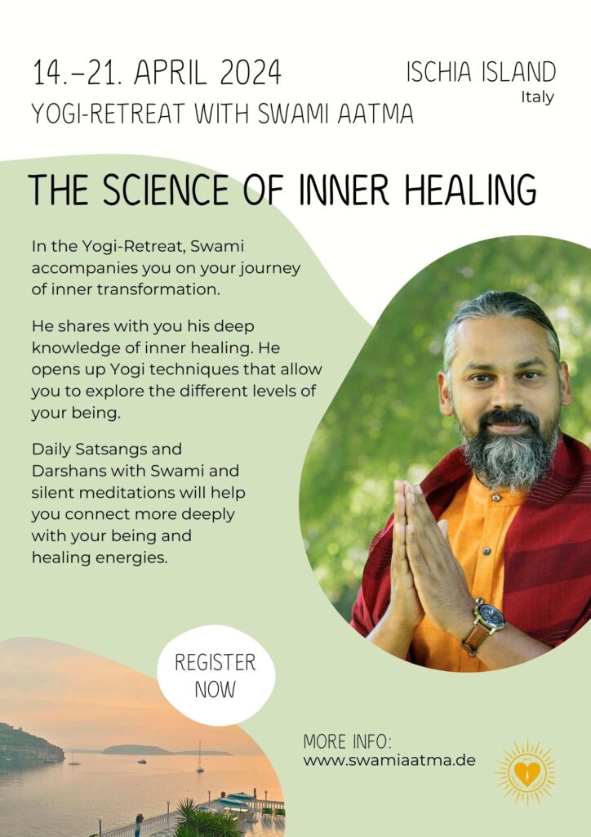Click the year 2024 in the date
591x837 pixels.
[x=251, y=73]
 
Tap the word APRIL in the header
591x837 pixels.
[x=170, y=73]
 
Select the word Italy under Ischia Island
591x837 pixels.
[x=537, y=98]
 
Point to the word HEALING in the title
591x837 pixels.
[x=470, y=190]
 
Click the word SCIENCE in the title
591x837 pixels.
[x=166, y=190]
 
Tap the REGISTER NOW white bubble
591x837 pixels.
[x=216, y=675]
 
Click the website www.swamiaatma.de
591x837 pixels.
[x=389, y=760]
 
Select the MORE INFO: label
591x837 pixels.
[x=347, y=741]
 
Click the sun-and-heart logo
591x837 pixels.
[x=526, y=772]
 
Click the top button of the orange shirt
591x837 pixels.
[x=496, y=498]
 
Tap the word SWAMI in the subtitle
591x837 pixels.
[x=295, y=113]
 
